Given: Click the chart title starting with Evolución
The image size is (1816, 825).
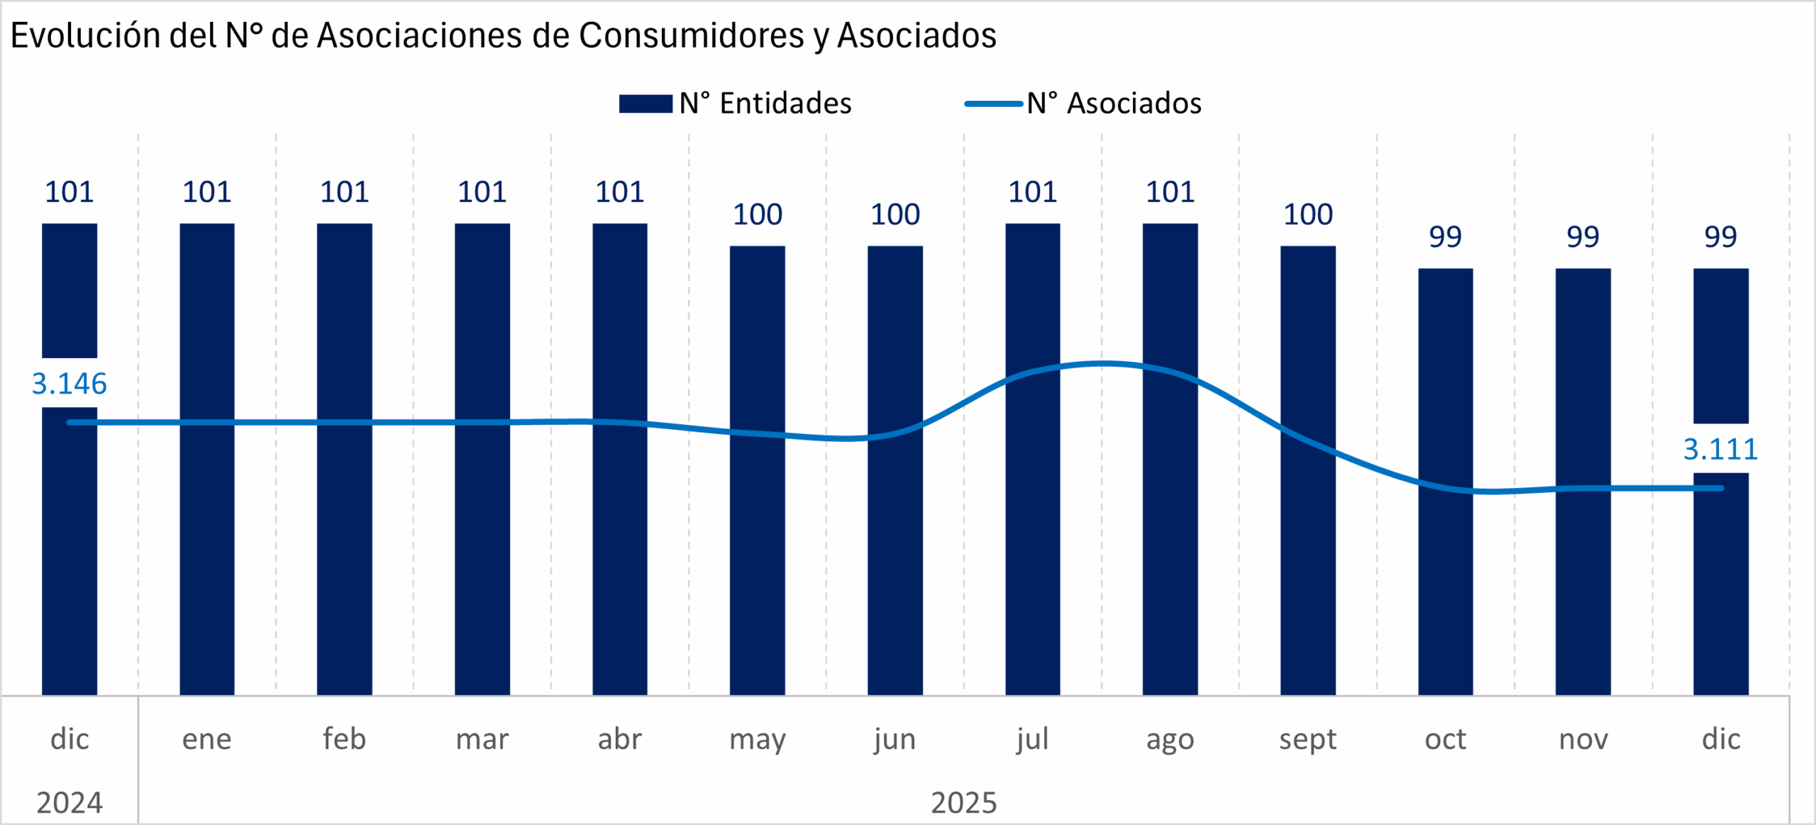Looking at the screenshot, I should click(x=503, y=35).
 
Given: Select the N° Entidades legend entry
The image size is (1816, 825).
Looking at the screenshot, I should click(x=735, y=104).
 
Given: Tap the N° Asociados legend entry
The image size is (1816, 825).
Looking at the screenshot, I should click(x=1083, y=104).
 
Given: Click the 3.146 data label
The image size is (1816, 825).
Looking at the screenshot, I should click(x=70, y=384).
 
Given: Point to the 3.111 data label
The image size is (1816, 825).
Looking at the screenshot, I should click(x=1720, y=449).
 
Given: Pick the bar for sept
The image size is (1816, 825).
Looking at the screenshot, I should click(x=1308, y=567).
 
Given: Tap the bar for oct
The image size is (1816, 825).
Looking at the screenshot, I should click(x=1446, y=582).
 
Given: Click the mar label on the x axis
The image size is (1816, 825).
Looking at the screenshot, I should click(x=482, y=739).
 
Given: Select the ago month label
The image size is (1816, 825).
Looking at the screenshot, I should click(x=1170, y=740).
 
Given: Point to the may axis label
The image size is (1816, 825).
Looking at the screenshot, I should click(x=758, y=740).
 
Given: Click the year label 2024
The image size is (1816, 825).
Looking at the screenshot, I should click(x=70, y=803).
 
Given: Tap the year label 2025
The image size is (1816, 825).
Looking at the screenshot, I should click(x=963, y=803).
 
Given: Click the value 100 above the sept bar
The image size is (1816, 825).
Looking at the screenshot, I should click(x=1308, y=214).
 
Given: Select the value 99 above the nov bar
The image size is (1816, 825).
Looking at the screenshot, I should click(x=1583, y=237).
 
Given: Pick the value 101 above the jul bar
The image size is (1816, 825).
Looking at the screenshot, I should click(x=1033, y=192).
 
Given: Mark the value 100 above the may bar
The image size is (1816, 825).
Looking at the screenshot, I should click(x=758, y=214).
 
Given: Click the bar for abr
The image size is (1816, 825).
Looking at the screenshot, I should click(x=620, y=553).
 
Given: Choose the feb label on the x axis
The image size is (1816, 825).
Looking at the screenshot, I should click(x=345, y=739).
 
